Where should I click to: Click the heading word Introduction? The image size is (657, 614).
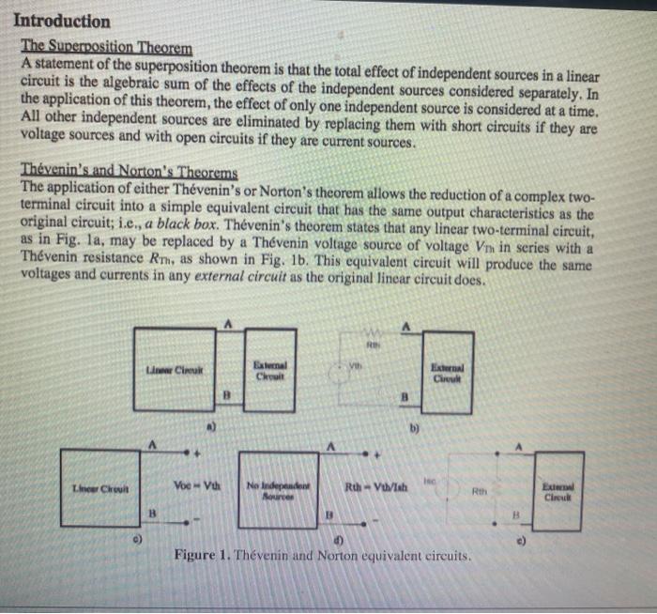(62, 21)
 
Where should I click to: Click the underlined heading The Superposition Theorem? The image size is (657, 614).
(106, 47)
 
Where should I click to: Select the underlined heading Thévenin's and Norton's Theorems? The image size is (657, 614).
(130, 172)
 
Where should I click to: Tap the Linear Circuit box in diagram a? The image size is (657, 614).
(174, 364)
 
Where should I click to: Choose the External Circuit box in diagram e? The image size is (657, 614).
(559, 490)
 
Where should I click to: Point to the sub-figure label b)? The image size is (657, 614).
(413, 427)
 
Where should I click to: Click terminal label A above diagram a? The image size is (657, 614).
(228, 322)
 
